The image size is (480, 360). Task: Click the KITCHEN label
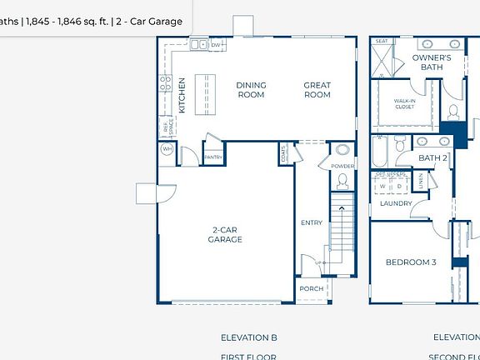point(182,95)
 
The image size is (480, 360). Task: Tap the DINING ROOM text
point(250,90)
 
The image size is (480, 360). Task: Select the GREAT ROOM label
point(317,90)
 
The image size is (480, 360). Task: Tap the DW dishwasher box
point(215,45)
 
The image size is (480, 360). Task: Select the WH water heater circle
point(167,150)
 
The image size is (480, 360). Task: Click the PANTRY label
point(213,157)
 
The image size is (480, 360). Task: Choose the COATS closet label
point(283,153)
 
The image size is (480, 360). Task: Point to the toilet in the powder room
point(342,151)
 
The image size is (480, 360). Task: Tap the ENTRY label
point(311,222)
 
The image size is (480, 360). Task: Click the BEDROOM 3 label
point(410,262)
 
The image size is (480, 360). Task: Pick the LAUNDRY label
point(397,203)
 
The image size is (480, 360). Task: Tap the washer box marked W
point(383,187)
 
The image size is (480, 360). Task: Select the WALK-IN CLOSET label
point(405,103)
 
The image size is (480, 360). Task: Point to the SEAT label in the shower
point(382,41)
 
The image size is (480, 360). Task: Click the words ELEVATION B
point(248,337)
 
